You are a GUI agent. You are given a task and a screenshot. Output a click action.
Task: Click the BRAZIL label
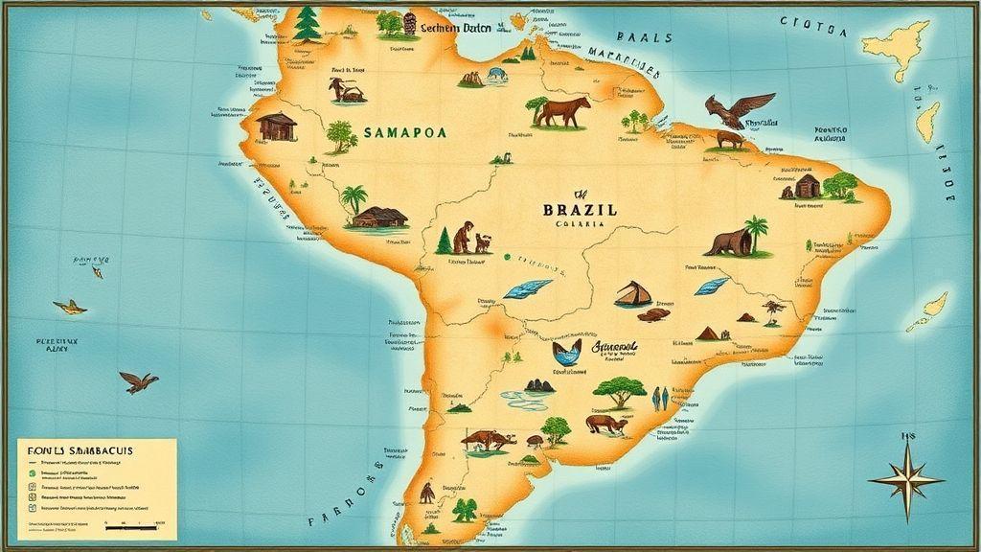coord(580,209)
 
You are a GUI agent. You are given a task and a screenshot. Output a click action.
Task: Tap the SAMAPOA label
coord(404,134)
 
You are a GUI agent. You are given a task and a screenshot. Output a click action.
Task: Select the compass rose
coord(905,478)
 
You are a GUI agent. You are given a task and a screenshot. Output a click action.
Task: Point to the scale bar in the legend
coord(130,526)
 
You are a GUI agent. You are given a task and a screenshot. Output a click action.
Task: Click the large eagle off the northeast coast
coord(738,109)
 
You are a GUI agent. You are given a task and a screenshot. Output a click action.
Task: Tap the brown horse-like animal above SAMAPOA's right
coord(562,111)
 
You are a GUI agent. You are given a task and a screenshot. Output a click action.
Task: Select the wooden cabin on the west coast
coord(277,126)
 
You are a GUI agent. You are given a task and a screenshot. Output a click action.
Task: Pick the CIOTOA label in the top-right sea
coord(813,26)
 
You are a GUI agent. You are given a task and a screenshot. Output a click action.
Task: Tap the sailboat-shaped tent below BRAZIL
coord(632,293)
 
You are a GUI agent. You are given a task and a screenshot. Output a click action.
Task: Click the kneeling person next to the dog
coord(463,237)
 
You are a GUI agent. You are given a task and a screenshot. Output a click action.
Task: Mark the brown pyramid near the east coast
coord(708,333)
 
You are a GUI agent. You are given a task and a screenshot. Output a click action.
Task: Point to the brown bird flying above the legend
coord(139,381)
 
